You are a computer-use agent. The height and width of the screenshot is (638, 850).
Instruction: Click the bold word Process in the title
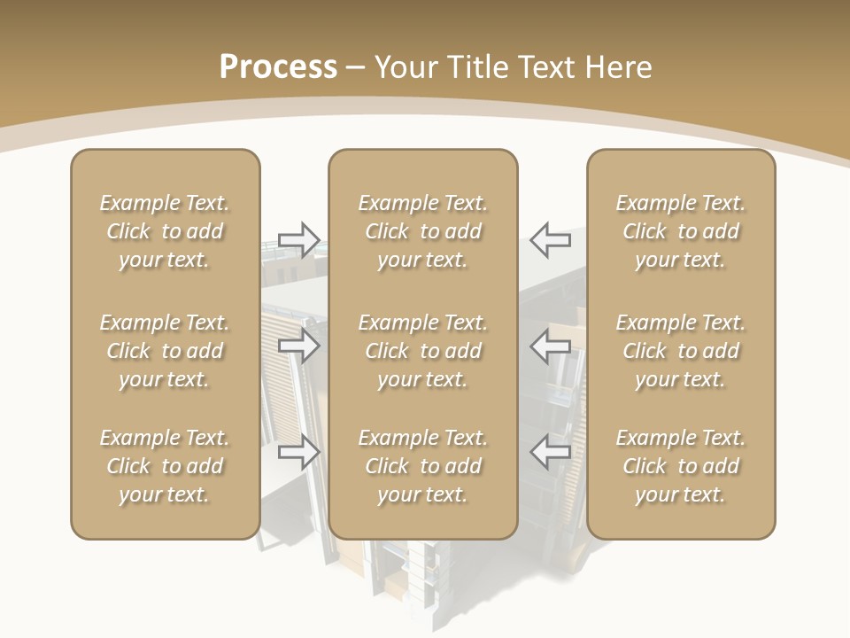[278, 67]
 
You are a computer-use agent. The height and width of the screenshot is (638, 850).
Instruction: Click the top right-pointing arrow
[299, 239]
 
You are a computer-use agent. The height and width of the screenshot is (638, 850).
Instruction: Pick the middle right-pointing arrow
[299, 346]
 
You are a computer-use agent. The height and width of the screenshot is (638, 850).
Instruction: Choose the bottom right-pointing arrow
[299, 452]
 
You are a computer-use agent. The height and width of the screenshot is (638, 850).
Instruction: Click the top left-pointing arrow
[551, 239]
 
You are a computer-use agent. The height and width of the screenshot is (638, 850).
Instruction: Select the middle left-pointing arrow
[551, 346]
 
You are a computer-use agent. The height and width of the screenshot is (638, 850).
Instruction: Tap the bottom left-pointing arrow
[551, 452]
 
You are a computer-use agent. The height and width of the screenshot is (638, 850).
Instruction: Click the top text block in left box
[165, 231]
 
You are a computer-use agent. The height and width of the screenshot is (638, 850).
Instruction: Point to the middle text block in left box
[165, 351]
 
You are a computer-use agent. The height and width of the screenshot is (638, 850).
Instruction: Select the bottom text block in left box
[165, 466]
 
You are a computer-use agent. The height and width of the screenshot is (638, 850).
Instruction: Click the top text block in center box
[423, 231]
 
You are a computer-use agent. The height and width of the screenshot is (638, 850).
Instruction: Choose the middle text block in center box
[423, 351]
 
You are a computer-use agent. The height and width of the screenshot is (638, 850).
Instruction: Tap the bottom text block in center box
[423, 466]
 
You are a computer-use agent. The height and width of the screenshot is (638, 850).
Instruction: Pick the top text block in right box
[681, 231]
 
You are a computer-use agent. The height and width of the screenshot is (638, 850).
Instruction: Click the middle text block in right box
[681, 351]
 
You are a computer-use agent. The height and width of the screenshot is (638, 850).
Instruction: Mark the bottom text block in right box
[681, 466]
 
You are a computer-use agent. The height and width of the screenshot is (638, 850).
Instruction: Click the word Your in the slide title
[404, 67]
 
